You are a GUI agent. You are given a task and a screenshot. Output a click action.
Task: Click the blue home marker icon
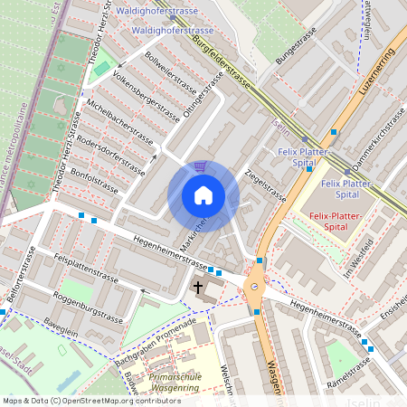point(203,195)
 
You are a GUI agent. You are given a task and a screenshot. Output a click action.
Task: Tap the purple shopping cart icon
point(200,166)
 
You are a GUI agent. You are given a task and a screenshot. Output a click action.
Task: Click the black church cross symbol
point(198,288)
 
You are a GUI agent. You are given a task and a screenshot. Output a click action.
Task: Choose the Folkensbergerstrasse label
point(141,92)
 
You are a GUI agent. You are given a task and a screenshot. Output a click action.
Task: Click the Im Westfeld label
point(360,256)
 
